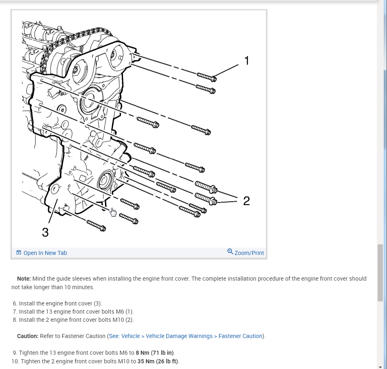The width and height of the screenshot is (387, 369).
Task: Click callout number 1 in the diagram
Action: pos(246,61)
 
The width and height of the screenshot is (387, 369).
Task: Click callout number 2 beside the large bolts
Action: pos(246,201)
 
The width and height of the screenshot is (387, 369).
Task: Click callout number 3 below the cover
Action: pos(45,232)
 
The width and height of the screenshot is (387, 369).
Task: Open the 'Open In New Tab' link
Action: pos(45,253)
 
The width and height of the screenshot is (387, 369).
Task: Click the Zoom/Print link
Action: pos(249,253)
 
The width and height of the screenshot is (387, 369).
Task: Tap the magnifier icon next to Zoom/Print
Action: pos(230,252)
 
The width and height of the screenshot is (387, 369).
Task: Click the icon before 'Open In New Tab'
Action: pos(19,253)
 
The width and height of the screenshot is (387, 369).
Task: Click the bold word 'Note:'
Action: pos(24,279)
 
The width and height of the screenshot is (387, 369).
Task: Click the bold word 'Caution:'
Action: pos(28,336)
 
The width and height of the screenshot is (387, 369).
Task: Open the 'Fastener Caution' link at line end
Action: pos(240,336)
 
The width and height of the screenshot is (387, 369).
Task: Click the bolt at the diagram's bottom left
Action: pos(96,225)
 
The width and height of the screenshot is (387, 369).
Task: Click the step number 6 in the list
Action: pos(15,303)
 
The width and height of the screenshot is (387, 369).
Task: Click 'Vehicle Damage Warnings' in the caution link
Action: pos(179,336)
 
